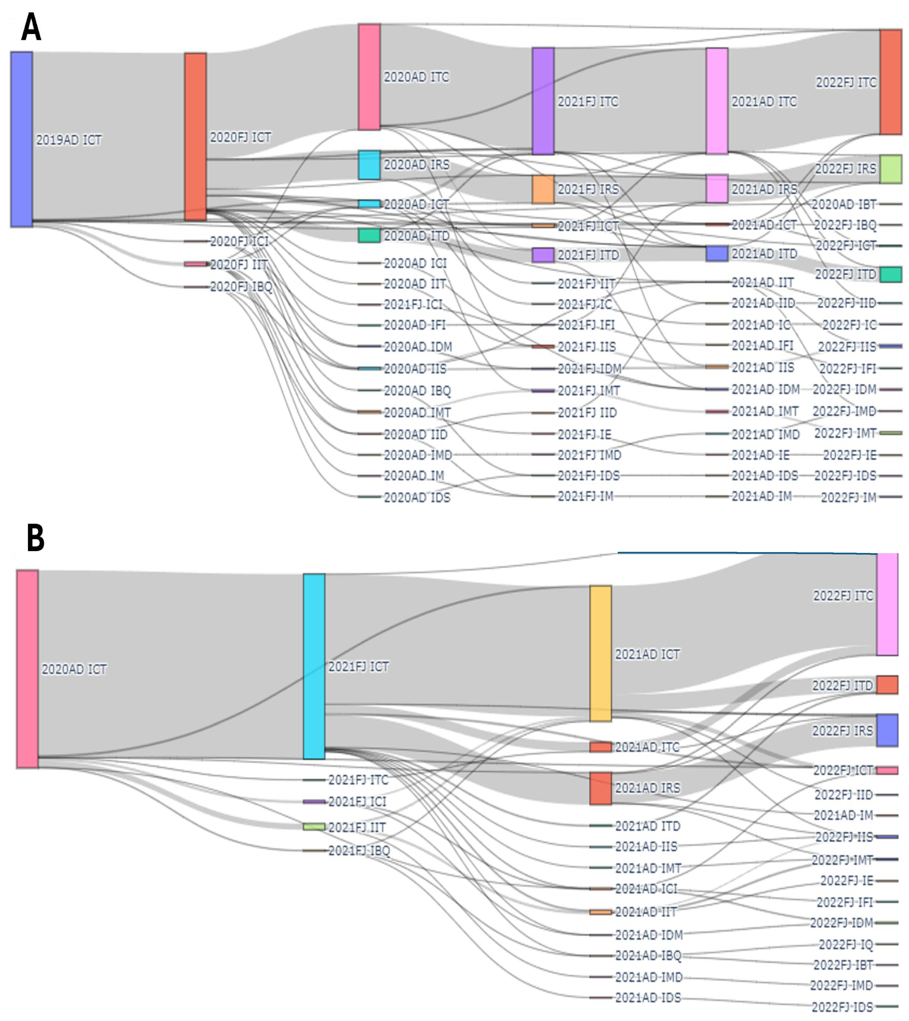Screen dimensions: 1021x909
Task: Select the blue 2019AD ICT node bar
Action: [22, 139]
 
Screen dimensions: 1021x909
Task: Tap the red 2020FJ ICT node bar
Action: [195, 137]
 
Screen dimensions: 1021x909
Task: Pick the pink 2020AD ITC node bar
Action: [369, 77]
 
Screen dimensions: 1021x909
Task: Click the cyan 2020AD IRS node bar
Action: [369, 165]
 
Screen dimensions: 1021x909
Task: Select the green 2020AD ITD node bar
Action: [369, 236]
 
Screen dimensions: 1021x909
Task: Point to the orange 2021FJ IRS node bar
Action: [543, 189]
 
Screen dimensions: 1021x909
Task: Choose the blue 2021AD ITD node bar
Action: [717, 254]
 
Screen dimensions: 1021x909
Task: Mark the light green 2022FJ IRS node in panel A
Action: [891, 169]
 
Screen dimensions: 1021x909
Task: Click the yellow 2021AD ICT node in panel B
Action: [600, 653]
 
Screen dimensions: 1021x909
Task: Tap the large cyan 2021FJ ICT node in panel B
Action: [314, 666]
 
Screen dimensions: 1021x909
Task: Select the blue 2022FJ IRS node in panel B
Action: [887, 730]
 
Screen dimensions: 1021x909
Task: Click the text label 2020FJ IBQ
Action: [241, 287]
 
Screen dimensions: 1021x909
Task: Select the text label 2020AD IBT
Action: [843, 204]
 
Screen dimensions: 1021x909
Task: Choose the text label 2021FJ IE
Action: [584, 434]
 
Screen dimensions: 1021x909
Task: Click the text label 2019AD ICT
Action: [69, 140]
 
